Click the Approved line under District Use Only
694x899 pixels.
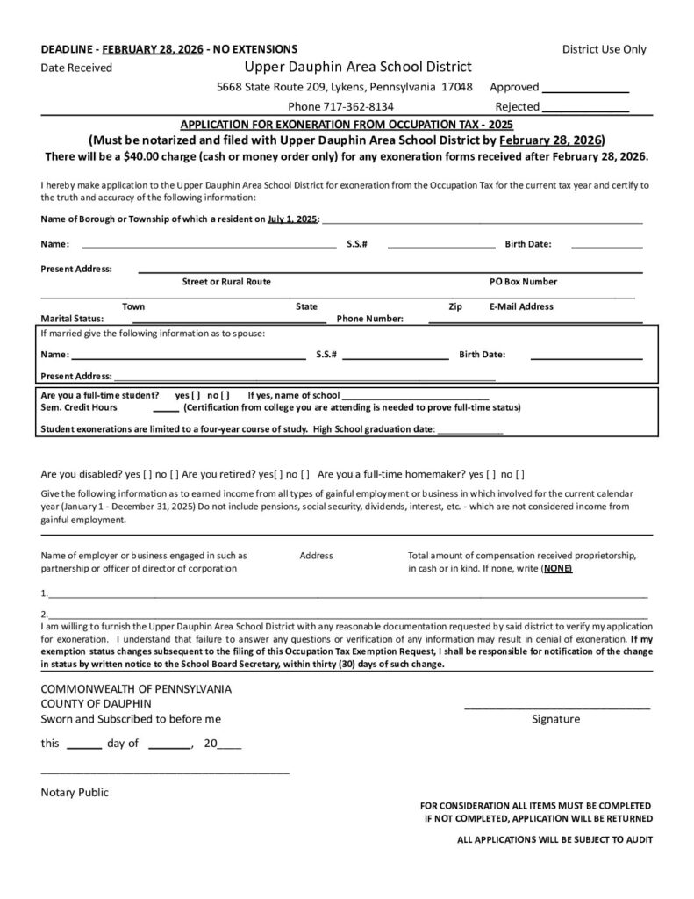pos(585,90)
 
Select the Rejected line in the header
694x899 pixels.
pos(585,110)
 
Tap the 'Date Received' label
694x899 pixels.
pos(76,68)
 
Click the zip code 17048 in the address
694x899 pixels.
pos(457,87)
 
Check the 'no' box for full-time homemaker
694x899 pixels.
pos(519,474)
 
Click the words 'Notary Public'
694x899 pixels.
pos(75,792)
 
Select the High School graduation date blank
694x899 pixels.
pos(469,432)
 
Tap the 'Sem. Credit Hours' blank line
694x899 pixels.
pos(166,410)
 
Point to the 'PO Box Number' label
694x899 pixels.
pos(523,282)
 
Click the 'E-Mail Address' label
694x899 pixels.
pos(521,306)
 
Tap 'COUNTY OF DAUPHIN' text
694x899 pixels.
pos(97,703)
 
